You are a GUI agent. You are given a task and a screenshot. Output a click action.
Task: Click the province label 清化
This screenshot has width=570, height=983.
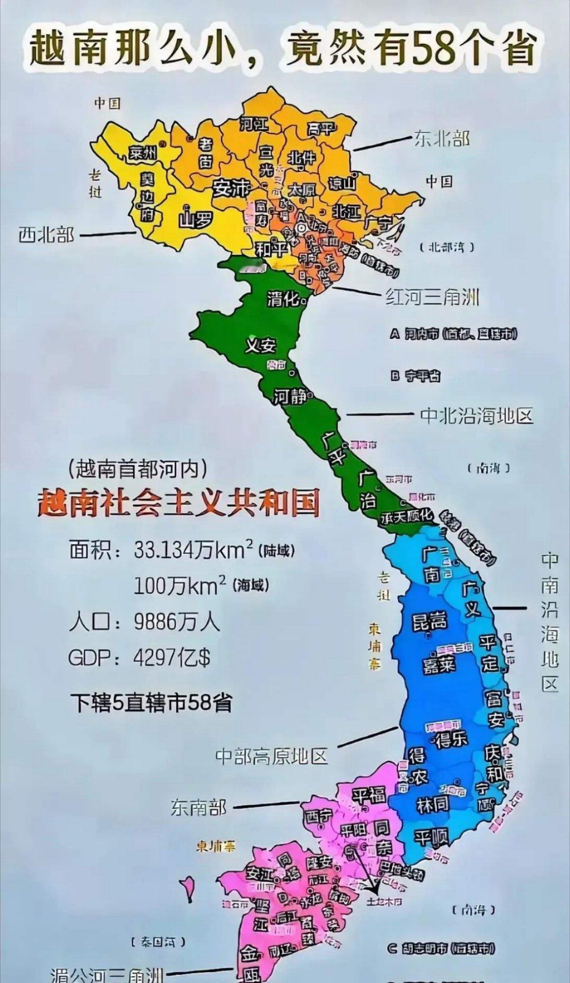pyautogui.click(x=283, y=299)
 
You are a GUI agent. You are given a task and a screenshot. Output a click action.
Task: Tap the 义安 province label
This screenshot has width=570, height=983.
pyautogui.click(x=261, y=345)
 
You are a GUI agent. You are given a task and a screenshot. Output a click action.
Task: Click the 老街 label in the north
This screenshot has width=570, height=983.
pyautogui.click(x=205, y=152)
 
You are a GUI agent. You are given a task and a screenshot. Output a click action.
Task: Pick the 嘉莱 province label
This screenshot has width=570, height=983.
pyautogui.click(x=439, y=664)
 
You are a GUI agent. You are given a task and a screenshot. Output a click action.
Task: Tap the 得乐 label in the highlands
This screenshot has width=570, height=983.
pyautogui.click(x=451, y=738)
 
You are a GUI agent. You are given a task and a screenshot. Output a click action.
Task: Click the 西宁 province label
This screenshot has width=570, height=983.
pyautogui.click(x=318, y=815)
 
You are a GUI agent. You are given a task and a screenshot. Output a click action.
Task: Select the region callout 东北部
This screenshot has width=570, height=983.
pyautogui.click(x=442, y=138)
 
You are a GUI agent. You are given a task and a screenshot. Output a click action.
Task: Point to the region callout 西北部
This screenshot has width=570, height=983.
pyautogui.click(x=46, y=234)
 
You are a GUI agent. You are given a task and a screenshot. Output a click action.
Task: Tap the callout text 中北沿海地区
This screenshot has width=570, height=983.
pyautogui.click(x=477, y=416)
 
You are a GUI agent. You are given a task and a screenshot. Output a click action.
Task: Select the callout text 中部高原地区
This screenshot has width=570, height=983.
pyautogui.click(x=272, y=756)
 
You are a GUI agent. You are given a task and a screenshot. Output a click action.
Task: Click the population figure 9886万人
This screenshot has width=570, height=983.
pyautogui.click(x=176, y=622)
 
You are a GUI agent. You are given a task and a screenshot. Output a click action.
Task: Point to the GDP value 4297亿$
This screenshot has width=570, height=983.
pyautogui.click(x=172, y=658)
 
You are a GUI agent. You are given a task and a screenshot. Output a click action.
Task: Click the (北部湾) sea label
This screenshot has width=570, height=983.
pyautogui.click(x=447, y=247)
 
